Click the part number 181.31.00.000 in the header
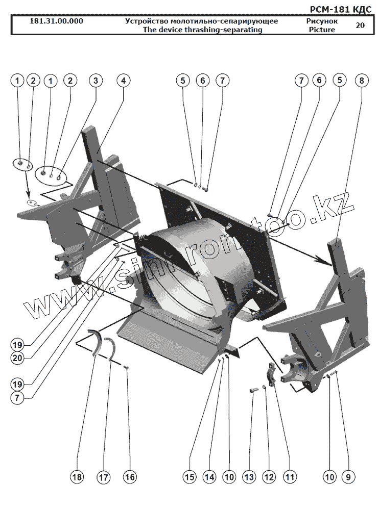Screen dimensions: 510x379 click(57, 21)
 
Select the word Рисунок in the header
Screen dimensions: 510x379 click(322, 21)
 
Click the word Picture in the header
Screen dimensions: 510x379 click(322, 30)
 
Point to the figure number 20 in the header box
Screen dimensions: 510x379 click(360, 25)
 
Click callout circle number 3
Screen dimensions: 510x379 click(96, 81)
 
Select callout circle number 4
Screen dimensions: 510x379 click(123, 81)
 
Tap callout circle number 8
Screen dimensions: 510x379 click(361, 80)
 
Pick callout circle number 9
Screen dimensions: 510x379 click(348, 477)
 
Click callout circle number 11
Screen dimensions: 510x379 click(290, 477)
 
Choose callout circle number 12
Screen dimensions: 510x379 click(269, 477)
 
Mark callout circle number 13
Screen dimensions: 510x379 click(249, 477)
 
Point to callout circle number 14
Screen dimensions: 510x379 click(209, 477)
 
